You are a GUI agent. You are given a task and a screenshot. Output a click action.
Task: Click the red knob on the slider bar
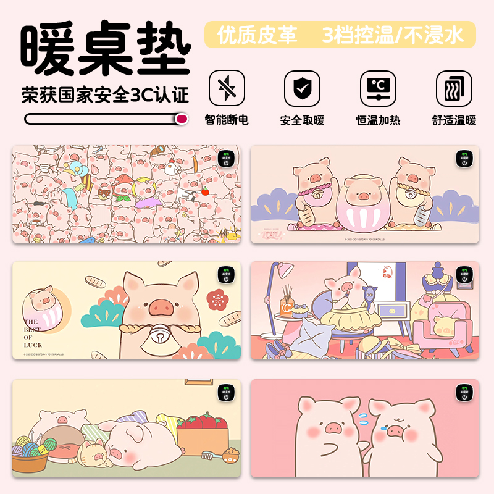point(182,119)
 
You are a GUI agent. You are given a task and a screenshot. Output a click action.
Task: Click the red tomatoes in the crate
point(203,423)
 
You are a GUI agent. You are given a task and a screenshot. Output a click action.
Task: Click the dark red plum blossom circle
point(216,301)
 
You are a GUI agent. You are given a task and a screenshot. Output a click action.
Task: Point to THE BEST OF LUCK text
point(33,333)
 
